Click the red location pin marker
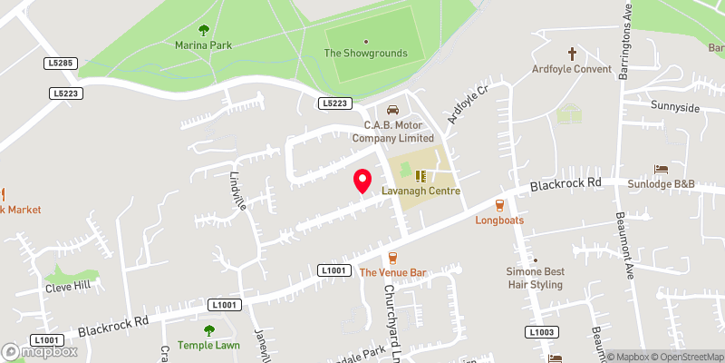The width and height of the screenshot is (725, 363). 362,180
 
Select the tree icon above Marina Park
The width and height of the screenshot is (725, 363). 203,30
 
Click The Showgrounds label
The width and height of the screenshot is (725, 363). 366,54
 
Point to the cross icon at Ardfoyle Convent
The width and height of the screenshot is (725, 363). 572,54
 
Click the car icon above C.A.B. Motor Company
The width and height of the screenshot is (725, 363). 392,110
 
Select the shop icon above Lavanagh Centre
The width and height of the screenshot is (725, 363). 420,176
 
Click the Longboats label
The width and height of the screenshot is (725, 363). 499,220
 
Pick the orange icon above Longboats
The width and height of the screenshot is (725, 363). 498,204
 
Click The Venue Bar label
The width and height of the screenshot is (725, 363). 392,272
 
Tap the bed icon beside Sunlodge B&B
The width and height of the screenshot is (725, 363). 662,169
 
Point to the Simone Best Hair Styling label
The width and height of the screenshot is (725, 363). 535,278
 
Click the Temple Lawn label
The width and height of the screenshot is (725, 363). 209,345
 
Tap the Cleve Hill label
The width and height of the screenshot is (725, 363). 70,287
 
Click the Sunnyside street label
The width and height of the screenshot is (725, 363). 675,107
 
